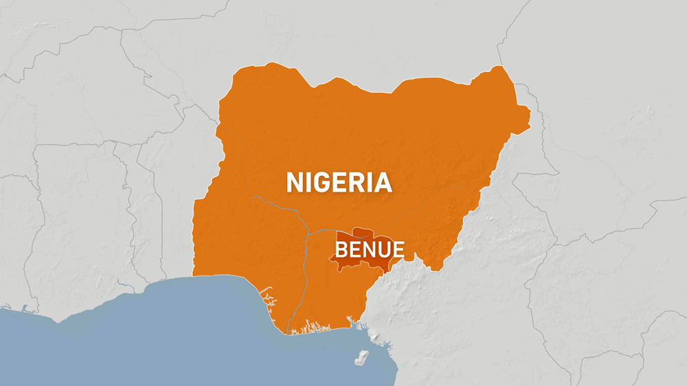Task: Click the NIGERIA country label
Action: point(339,183)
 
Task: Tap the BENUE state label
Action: point(370,249)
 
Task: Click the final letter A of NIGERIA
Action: point(382,183)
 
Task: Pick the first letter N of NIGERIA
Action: point(295,183)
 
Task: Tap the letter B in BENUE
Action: point(341,249)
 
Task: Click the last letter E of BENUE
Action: point(398,249)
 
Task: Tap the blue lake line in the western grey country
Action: point(124,284)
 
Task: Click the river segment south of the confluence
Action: point(302,275)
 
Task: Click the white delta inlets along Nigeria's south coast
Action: point(316,328)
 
